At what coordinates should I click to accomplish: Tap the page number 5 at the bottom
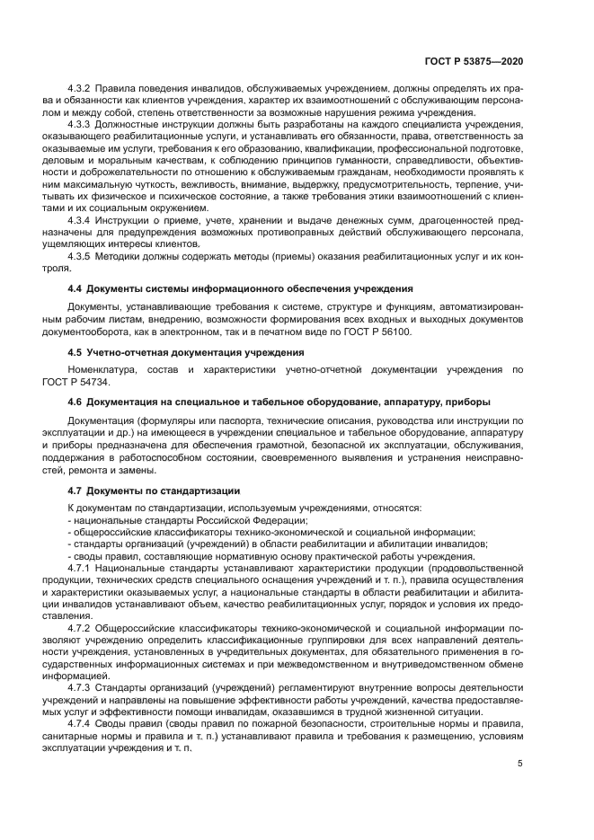pyautogui.click(x=520, y=765)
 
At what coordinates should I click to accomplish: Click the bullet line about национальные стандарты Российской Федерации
pyautogui.click(x=187, y=520)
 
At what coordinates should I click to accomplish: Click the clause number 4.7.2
pyautogui.click(x=82, y=627)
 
